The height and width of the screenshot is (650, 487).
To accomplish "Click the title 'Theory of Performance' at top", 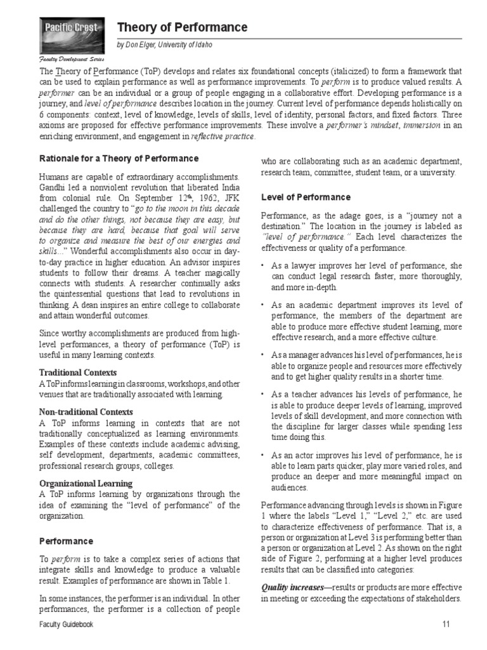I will [x=182, y=27].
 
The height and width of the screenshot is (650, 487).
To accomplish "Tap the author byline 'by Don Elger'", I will [x=164, y=45].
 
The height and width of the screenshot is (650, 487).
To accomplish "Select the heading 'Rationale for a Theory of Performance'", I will [x=119, y=159].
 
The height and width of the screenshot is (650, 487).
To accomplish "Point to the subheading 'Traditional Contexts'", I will [x=78, y=372].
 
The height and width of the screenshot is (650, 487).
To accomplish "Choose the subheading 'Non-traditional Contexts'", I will [x=86, y=411].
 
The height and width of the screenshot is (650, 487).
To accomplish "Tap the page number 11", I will [x=445, y=625].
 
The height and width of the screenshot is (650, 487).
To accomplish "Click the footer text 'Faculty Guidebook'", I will [x=66, y=625].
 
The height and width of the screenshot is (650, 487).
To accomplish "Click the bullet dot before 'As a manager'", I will [x=264, y=354].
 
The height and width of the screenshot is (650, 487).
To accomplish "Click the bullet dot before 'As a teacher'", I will [x=264, y=395].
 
